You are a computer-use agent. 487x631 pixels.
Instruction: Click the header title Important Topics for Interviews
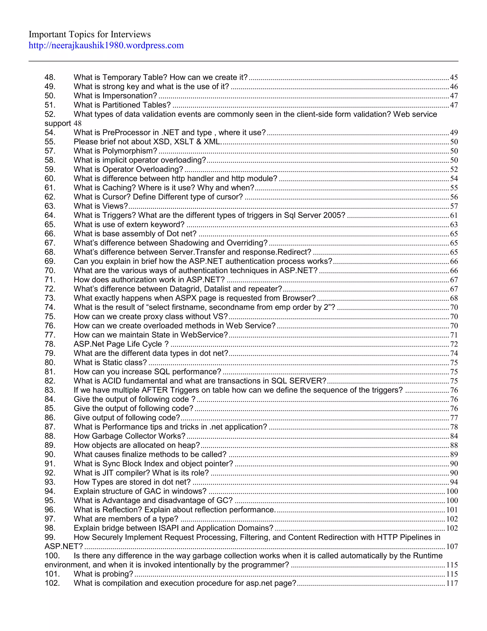click(x=89, y=34)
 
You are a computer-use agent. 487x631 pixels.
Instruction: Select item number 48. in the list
click(x=50, y=77)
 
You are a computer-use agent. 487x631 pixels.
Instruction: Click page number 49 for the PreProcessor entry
click(x=454, y=133)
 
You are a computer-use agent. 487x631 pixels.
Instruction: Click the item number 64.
click(x=50, y=215)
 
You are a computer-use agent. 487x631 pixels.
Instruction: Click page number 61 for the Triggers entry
click(x=454, y=215)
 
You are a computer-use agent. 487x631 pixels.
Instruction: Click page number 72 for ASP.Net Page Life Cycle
click(x=454, y=344)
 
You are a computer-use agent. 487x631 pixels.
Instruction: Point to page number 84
click(x=454, y=436)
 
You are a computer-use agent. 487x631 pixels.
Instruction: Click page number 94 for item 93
click(x=454, y=482)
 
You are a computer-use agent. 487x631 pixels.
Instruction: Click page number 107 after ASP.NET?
click(x=452, y=547)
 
